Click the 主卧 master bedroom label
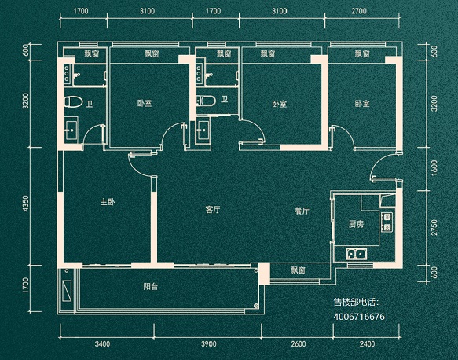tap(108, 202)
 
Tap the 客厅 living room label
tap(212, 210)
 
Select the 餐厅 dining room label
tap(302, 211)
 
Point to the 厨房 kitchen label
tap(356, 224)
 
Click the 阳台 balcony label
tap(151, 286)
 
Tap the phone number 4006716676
tap(359, 317)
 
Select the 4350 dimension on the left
tap(26, 204)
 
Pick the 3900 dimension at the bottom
tap(209, 344)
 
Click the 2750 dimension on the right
tap(434, 228)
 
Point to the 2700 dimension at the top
tap(359, 11)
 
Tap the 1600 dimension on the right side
tap(434, 168)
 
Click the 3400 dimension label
tap(103, 344)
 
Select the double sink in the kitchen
tap(357, 254)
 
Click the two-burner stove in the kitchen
tap(387, 222)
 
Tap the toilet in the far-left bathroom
tap(73, 102)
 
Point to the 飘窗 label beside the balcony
tap(298, 270)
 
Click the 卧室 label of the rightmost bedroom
tap(362, 104)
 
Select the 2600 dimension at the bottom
tap(298, 344)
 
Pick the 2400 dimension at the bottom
tap(367, 344)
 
